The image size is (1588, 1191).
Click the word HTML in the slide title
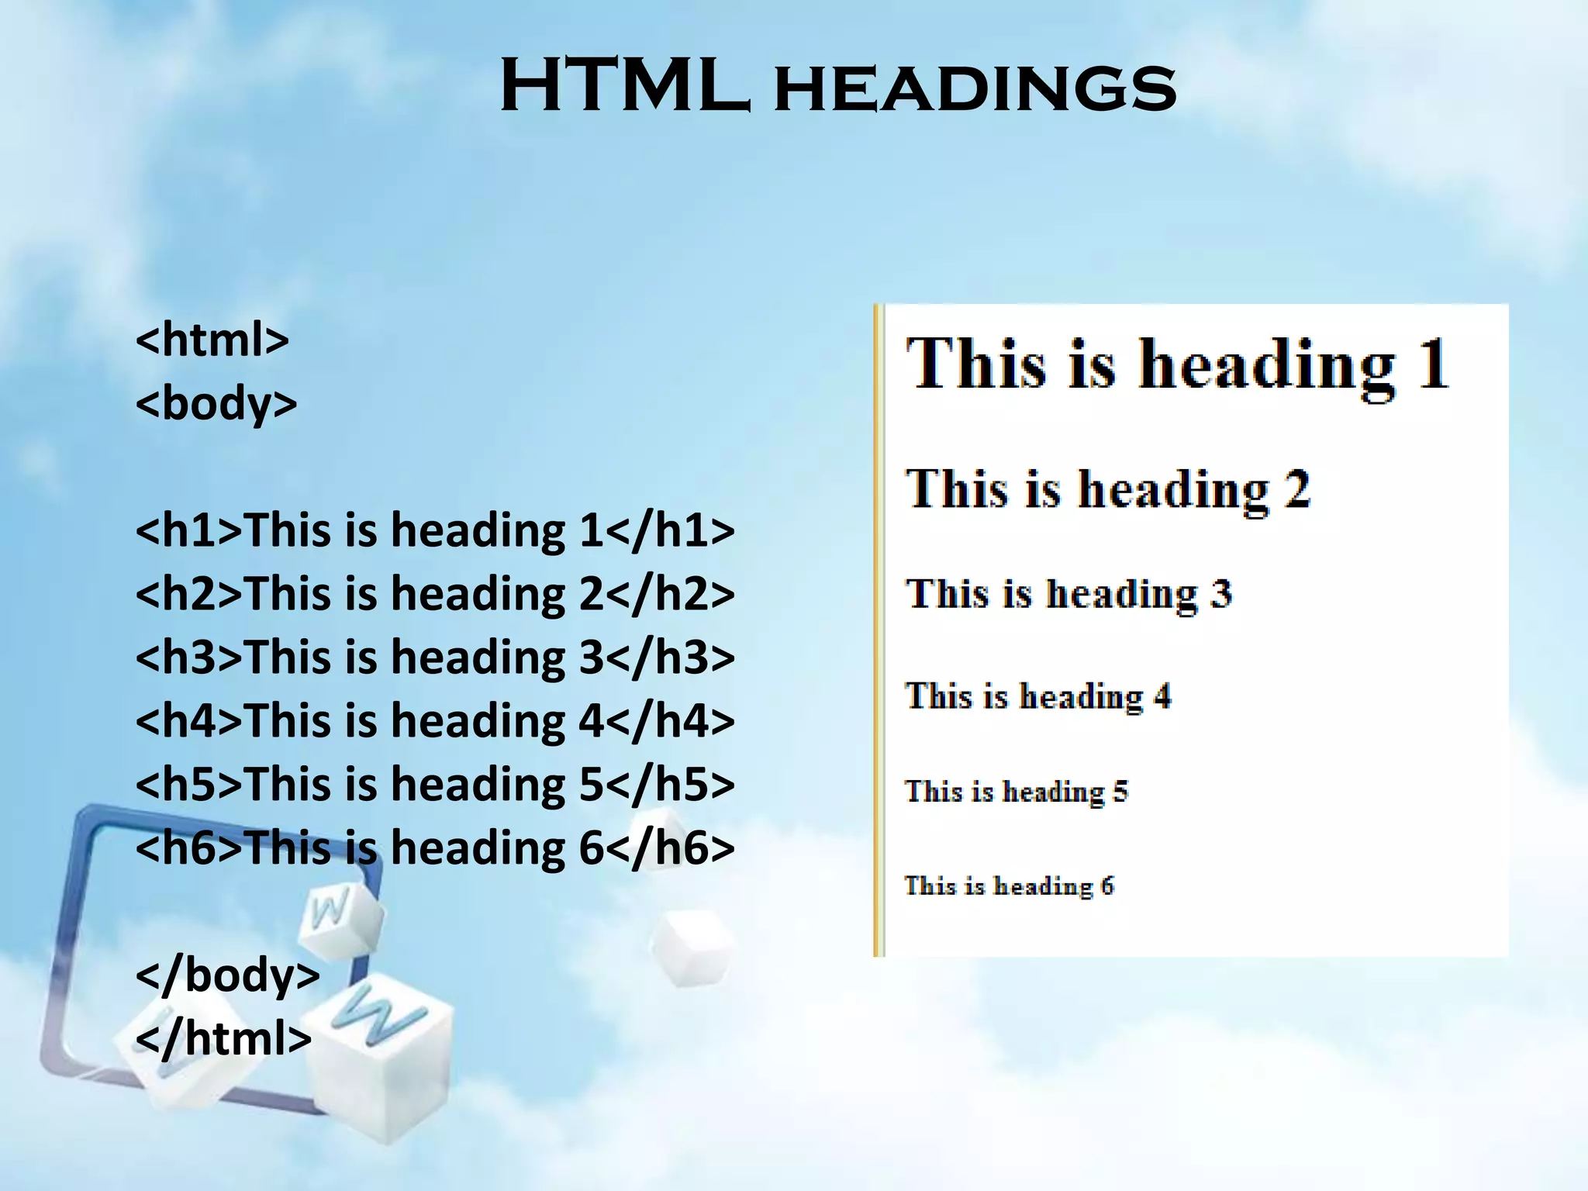click(x=625, y=87)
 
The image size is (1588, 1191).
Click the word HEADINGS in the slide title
click(x=975, y=90)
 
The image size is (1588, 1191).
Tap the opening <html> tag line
click(x=212, y=340)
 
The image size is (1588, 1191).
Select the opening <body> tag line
click(x=216, y=404)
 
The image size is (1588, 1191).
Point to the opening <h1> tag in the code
click(x=189, y=531)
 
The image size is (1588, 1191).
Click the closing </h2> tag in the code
click(x=669, y=595)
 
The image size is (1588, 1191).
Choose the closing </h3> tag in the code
click(x=669, y=658)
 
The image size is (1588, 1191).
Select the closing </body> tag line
click(x=227, y=975)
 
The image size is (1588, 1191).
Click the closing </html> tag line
click(x=223, y=1038)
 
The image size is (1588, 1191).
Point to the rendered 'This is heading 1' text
click(x=1177, y=364)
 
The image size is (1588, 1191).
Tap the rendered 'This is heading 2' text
click(x=1108, y=490)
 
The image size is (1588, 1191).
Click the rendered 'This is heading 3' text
click(x=1068, y=595)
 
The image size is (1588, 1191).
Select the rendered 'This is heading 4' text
click(x=1037, y=696)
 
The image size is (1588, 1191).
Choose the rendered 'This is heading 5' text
click(x=1016, y=792)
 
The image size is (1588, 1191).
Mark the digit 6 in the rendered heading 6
click(x=1107, y=886)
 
